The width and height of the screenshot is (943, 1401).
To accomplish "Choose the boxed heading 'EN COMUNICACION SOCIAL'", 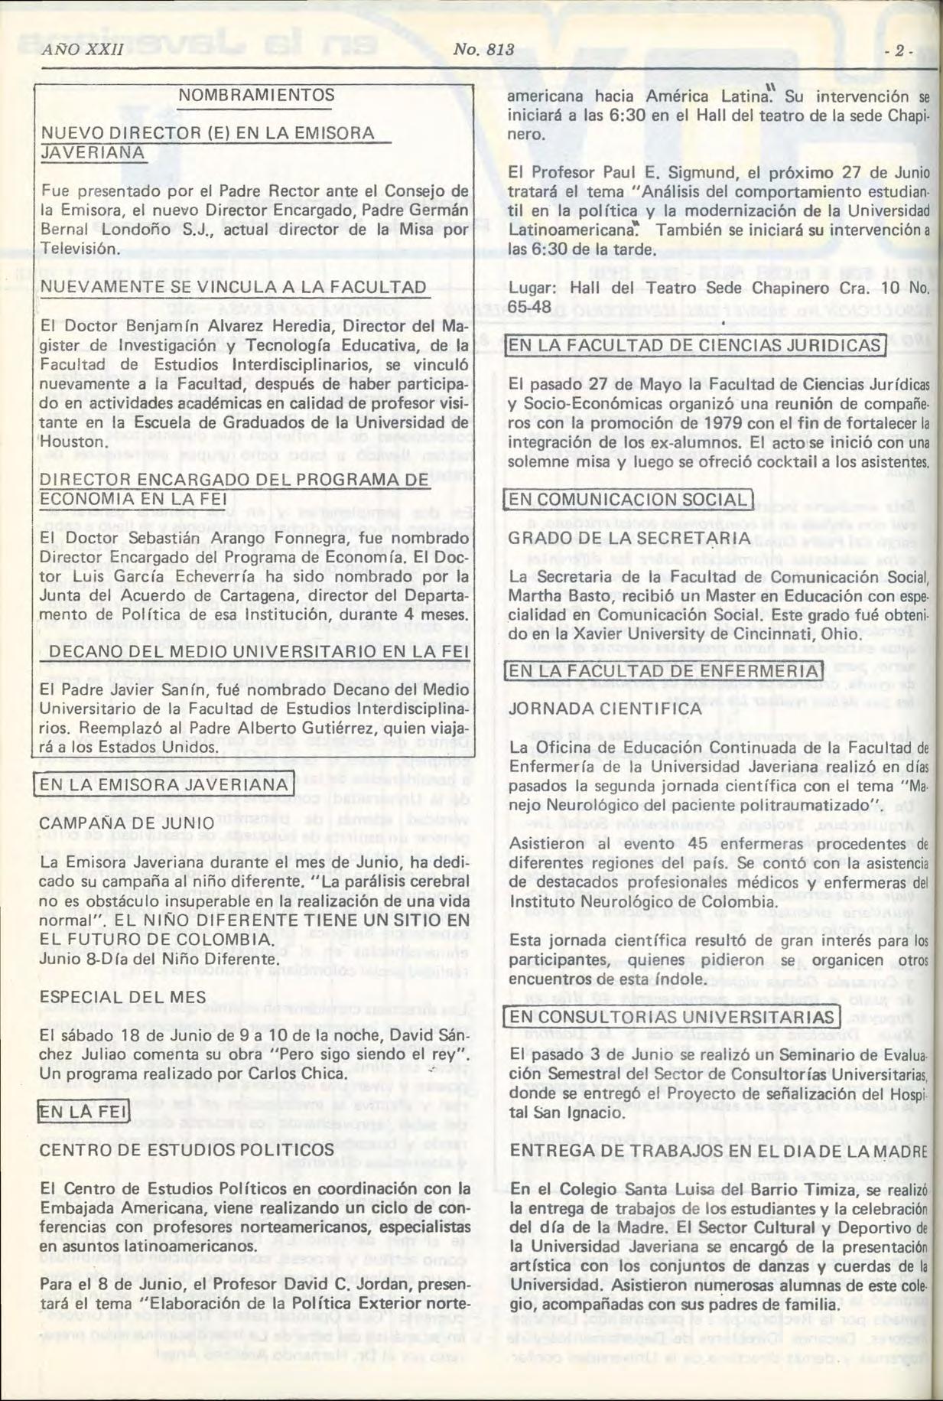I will (627, 500).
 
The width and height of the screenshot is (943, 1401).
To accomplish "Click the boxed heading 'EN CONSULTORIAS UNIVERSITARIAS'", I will (671, 1016).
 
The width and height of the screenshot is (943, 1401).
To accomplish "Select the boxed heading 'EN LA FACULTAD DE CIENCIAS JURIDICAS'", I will (694, 345).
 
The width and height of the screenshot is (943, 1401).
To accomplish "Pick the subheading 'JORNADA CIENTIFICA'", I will (594, 709).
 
